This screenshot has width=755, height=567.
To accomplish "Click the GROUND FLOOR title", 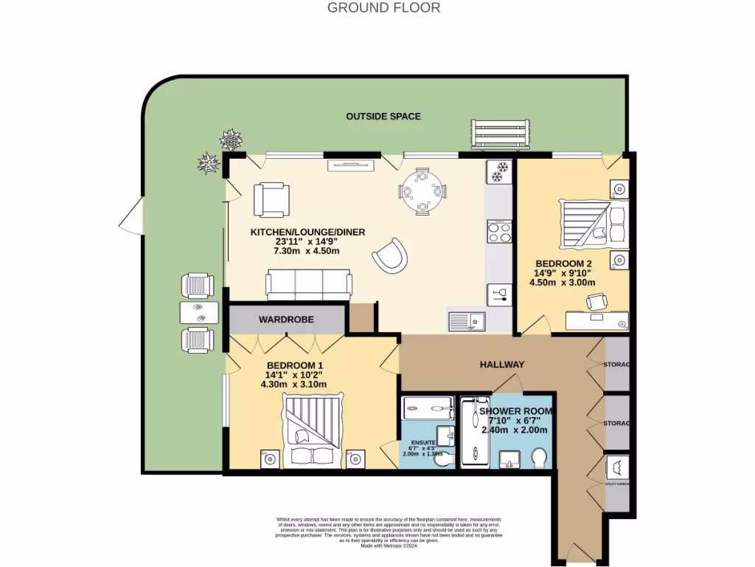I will click(383, 8).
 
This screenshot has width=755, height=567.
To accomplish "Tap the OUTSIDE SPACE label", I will click(383, 116).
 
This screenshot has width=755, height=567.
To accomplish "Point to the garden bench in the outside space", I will click(500, 134).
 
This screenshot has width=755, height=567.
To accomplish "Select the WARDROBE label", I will click(286, 320).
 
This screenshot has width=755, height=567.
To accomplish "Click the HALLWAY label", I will click(502, 364).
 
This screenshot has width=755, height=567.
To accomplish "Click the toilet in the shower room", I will click(539, 459).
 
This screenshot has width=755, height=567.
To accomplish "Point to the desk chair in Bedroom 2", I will click(596, 301).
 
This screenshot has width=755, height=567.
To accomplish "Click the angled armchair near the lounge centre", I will click(389, 255).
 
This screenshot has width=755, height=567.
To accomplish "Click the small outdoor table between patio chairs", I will click(199, 313).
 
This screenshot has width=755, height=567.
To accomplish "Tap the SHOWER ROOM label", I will click(515, 410).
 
